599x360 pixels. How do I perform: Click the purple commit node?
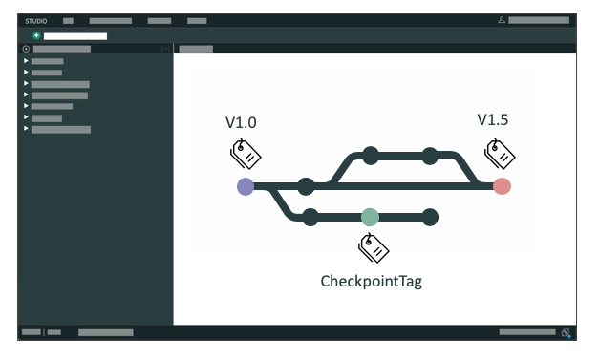tap(246, 186)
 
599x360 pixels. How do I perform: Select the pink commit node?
tap(502, 186)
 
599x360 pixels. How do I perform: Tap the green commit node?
tap(370, 217)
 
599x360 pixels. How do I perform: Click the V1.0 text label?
tap(241, 122)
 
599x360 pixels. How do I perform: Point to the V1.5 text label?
tap(492, 119)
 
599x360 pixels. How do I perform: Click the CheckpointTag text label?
tap(371, 282)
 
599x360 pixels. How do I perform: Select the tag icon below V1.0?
tap(246, 152)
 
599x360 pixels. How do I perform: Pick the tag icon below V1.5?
tap(500, 152)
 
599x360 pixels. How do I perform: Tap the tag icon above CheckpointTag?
tap(373, 248)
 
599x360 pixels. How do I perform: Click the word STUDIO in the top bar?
tap(36, 20)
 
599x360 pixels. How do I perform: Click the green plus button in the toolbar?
tap(36, 35)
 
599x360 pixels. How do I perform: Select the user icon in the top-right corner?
tap(502, 20)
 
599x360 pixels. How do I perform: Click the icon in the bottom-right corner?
tap(567, 333)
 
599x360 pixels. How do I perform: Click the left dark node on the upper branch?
tap(370, 156)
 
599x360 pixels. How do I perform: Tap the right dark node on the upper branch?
tap(430, 156)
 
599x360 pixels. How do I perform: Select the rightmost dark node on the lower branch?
tap(430, 217)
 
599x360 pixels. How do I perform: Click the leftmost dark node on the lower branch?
tap(310, 217)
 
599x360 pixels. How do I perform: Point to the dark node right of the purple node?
tap(306, 186)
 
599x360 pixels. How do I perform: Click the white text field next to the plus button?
tap(75, 36)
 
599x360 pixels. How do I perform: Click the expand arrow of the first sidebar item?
tap(26, 61)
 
